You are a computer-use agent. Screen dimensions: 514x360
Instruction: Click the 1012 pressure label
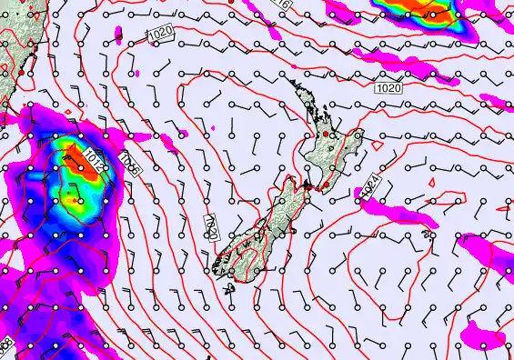coord(92,162)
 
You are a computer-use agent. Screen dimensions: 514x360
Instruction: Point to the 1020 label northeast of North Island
coord(388,88)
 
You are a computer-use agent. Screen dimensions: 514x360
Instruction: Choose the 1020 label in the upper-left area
coord(160,34)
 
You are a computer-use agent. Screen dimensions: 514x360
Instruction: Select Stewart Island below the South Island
coord(227,289)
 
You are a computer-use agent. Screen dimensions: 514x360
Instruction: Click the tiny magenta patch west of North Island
coord(212,125)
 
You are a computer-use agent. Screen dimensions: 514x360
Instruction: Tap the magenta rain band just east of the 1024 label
coord(400,213)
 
